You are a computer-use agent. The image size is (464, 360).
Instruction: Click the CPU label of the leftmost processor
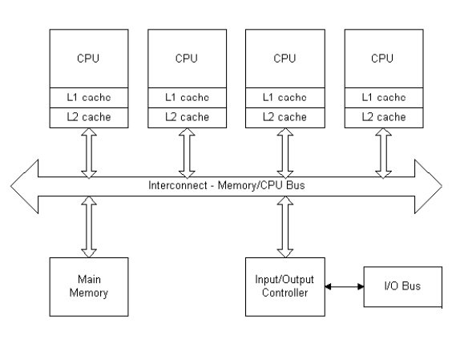88,59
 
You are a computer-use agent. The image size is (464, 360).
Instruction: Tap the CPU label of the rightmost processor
382,59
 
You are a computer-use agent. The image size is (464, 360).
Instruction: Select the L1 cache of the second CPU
188,98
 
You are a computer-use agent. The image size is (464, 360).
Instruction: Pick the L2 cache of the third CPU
285,118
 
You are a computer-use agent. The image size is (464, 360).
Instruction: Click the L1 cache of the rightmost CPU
384,98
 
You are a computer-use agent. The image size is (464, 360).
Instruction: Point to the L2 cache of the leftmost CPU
89,118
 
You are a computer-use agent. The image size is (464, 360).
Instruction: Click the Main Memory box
89,287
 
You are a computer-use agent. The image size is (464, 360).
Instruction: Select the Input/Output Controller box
285,287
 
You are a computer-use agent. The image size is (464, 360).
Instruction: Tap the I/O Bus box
403,286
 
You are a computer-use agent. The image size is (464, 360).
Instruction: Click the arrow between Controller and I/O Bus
345,286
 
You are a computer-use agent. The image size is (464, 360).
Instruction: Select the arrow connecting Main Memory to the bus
89,227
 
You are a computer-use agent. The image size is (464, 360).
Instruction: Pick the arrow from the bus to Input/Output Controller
285,227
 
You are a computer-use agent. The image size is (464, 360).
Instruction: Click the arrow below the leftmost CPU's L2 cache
89,153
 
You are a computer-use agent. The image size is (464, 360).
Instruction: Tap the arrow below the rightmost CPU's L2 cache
384,153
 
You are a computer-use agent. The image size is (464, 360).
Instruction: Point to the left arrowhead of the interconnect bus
25,186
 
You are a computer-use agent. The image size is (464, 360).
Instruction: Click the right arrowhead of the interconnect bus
428,186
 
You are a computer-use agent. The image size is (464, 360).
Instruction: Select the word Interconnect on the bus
178,185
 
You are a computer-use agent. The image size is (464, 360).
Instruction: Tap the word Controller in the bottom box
285,293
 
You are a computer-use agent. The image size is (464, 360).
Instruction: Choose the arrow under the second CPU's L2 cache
187,153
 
